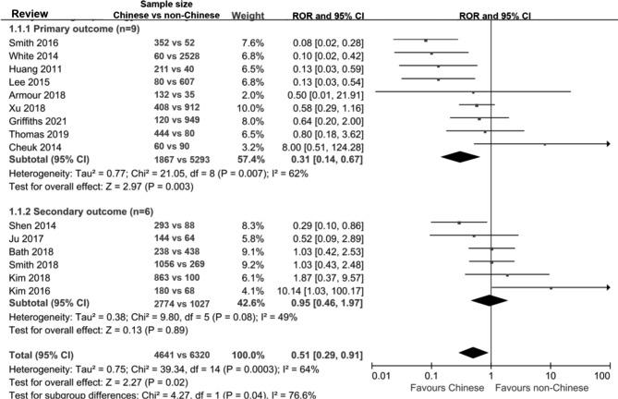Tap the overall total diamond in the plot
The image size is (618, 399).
[x=472, y=352]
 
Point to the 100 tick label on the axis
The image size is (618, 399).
[x=603, y=376]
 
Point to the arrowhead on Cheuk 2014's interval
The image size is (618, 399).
[x=606, y=144]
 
